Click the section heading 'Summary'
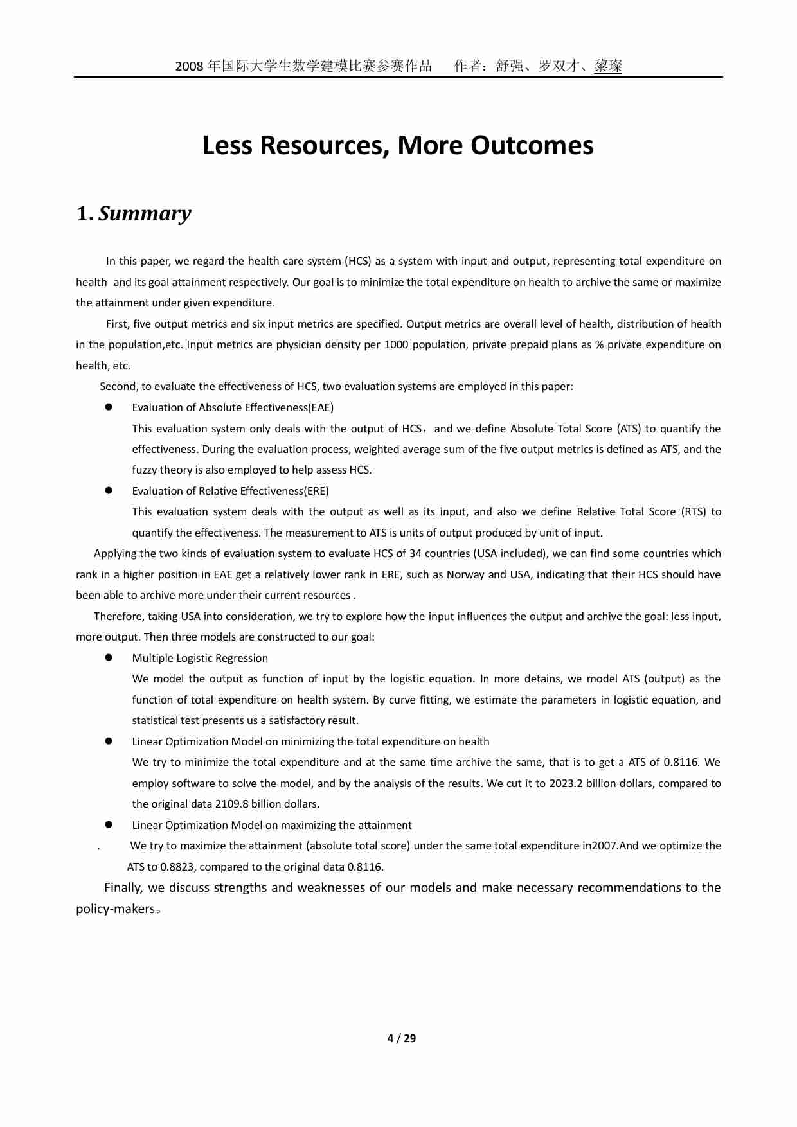[x=145, y=213]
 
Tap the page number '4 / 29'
[x=402, y=1038]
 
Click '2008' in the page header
[x=190, y=66]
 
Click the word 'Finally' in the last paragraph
[x=122, y=888]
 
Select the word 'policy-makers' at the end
[x=115, y=909]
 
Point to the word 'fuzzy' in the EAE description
[x=145, y=470]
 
